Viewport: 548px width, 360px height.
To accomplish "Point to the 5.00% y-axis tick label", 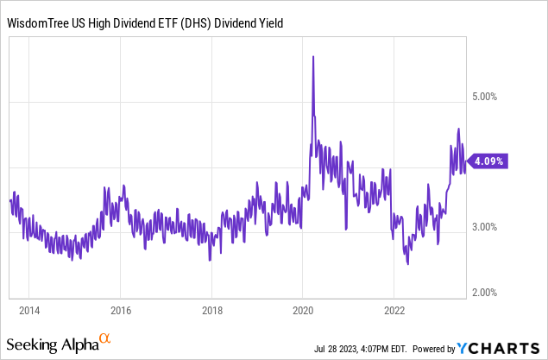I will [491, 97].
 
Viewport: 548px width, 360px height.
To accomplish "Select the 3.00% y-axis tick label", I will [491, 227].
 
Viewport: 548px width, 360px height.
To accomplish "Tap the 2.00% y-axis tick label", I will [491, 293].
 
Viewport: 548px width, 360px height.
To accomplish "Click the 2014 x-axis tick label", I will [28, 310].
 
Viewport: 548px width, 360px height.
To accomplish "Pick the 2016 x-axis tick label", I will [120, 310].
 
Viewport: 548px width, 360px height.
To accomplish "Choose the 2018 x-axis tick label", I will [211, 310].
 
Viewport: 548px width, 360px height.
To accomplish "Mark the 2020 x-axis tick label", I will [303, 310].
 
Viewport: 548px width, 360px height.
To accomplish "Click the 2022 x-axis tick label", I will [394, 310].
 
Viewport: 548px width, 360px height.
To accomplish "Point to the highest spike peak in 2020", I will [312, 57].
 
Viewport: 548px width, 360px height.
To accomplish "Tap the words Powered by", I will [435, 349].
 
